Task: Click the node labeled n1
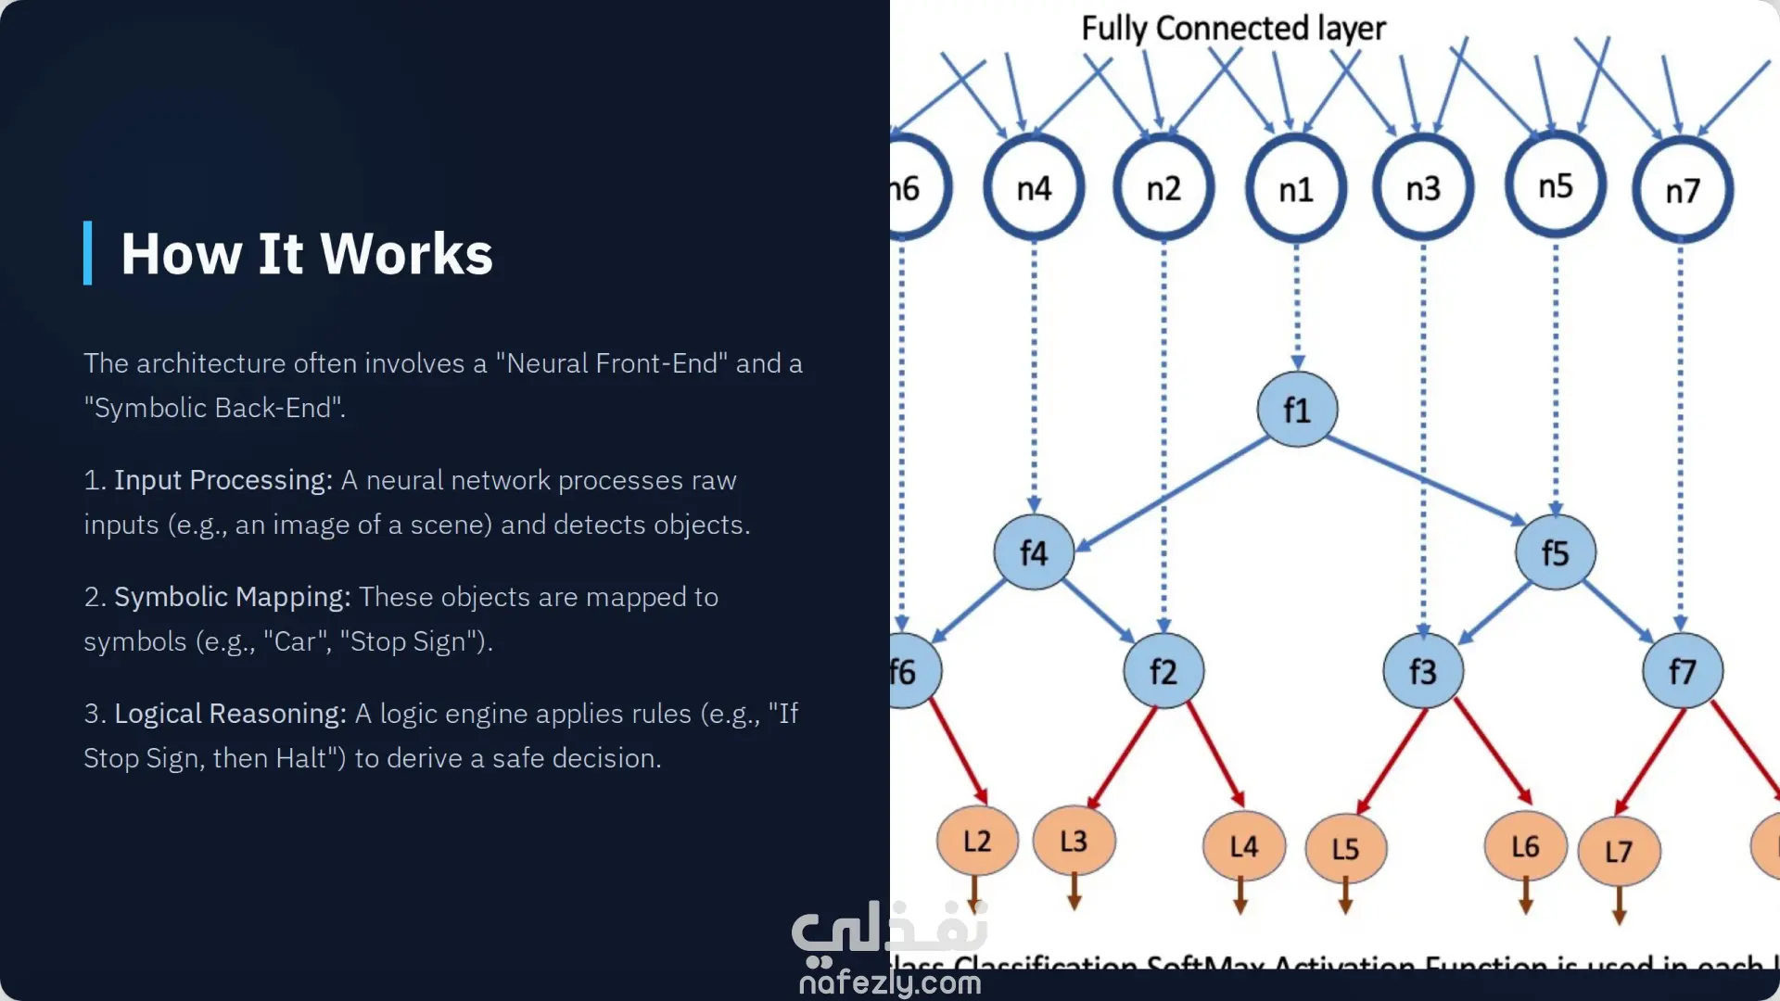pyautogui.click(x=1295, y=189)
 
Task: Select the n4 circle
pyautogui.click(x=1034, y=188)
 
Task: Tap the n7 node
pyautogui.click(x=1682, y=191)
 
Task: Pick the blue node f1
pyautogui.click(x=1296, y=410)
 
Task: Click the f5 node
pyautogui.click(x=1555, y=553)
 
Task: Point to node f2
pyautogui.click(x=1163, y=671)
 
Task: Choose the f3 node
pyautogui.click(x=1422, y=671)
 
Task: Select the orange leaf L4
pyautogui.click(x=1243, y=846)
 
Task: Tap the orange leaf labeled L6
pyautogui.click(x=1525, y=846)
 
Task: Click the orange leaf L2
pyautogui.click(x=977, y=842)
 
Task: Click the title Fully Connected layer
pyautogui.click(x=1233, y=29)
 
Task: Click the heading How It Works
pyautogui.click(x=307, y=254)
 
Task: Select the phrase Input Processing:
pyautogui.click(x=222, y=480)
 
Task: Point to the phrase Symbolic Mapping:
pyautogui.click(x=232, y=597)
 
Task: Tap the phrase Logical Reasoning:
pyautogui.click(x=230, y=714)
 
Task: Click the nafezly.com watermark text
pyautogui.click(x=890, y=982)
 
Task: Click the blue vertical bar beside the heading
pyautogui.click(x=88, y=253)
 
